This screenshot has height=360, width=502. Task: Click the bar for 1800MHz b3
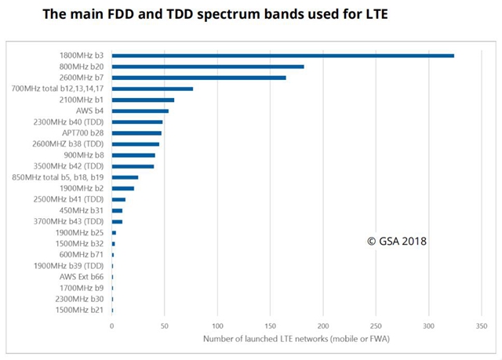[x=283, y=56]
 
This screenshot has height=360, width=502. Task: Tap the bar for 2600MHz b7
[x=199, y=78]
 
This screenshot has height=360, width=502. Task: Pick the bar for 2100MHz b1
[x=143, y=100]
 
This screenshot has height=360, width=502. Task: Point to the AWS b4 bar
[x=140, y=111]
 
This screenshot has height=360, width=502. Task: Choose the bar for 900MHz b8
[x=133, y=155]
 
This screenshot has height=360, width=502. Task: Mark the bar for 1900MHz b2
[x=123, y=188]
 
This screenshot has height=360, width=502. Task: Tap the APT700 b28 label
[x=83, y=133]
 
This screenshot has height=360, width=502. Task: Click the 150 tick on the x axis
[x=271, y=325]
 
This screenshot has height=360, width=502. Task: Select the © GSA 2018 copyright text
[x=397, y=241]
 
